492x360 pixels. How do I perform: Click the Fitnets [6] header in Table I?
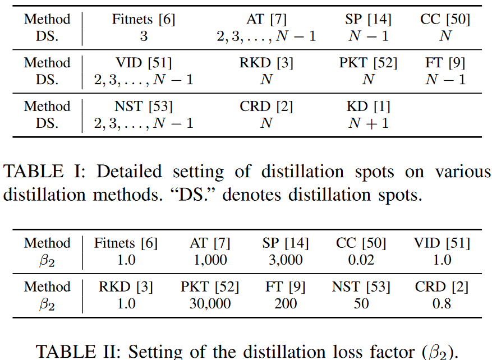pos(144,20)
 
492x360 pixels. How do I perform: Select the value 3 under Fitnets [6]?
pos(144,36)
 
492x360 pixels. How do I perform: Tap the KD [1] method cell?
pos(369,107)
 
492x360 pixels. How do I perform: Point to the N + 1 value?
pos(368,123)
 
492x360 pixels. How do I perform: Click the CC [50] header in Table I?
pos(445,20)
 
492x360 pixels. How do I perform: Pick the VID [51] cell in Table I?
pos(144,63)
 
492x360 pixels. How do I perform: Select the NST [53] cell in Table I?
pos(144,107)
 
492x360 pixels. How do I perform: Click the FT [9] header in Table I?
pos(445,63)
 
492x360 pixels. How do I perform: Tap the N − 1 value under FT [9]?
pos(445,80)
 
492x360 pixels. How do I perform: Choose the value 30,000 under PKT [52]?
pos(210,303)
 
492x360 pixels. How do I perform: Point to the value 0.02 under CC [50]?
pos(361,260)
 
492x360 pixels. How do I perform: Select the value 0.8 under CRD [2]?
pos(442,303)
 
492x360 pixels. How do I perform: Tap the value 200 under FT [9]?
pos(286,303)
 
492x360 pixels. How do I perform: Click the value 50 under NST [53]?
pos(361,303)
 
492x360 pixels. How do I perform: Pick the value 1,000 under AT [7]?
pos(210,260)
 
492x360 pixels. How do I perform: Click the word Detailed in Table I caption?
pos(128,171)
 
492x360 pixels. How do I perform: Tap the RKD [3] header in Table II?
pos(126,287)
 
